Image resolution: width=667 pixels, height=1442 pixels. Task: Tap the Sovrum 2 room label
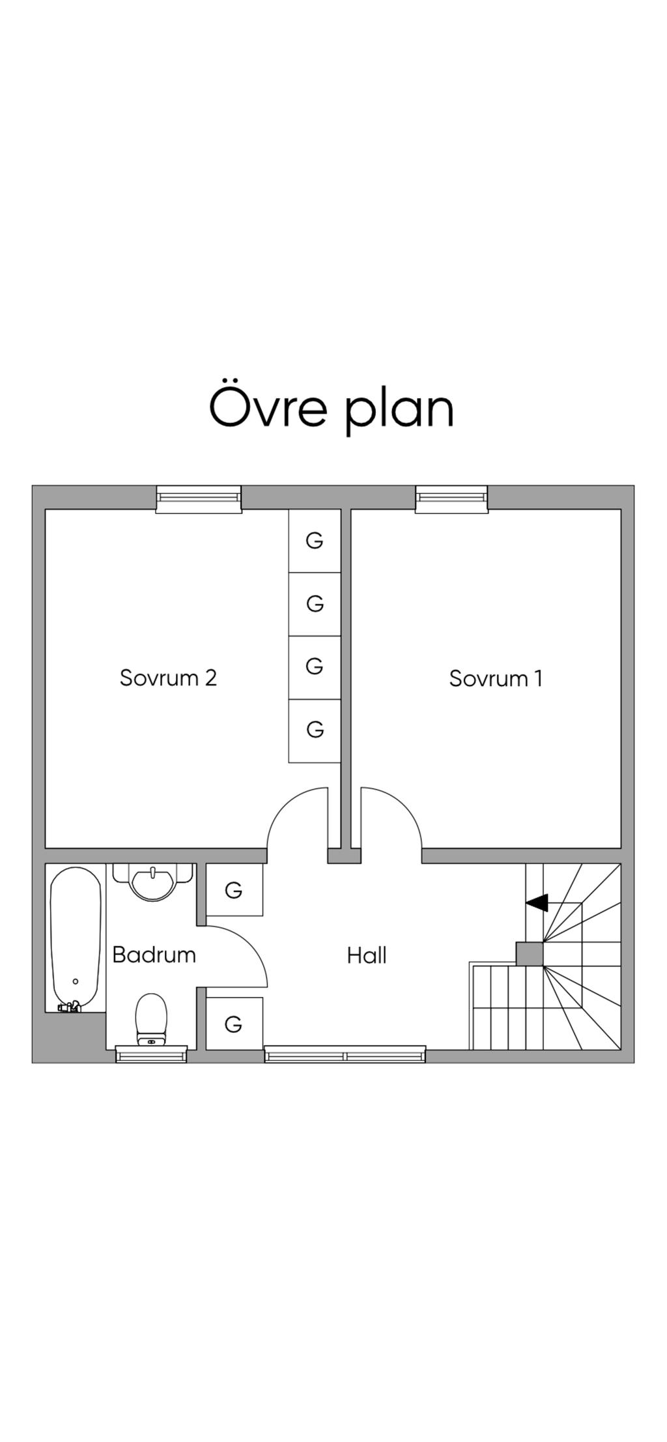pyautogui.click(x=168, y=678)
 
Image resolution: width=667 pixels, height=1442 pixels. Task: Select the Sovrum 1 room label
pyautogui.click(x=496, y=678)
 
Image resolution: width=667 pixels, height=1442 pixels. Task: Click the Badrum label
pyautogui.click(x=154, y=955)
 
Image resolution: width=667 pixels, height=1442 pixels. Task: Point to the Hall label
pyautogui.click(x=367, y=955)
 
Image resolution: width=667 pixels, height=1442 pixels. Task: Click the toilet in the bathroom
pyautogui.click(x=152, y=1018)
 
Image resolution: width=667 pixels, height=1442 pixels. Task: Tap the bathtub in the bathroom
pyautogui.click(x=76, y=938)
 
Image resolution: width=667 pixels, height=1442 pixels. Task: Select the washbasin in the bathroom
pyautogui.click(x=153, y=881)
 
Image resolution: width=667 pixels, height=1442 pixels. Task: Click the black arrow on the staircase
pyautogui.click(x=537, y=902)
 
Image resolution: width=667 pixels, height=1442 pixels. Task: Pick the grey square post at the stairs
pyautogui.click(x=530, y=954)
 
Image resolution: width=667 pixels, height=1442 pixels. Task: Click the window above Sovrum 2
pyautogui.click(x=199, y=498)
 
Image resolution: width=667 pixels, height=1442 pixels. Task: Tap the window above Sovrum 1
pyautogui.click(x=451, y=498)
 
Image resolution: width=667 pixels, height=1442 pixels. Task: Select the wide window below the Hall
pyautogui.click(x=345, y=1054)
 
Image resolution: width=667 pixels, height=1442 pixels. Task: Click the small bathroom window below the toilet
pyautogui.click(x=152, y=1054)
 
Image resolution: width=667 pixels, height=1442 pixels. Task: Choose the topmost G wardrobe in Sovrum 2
pyautogui.click(x=315, y=541)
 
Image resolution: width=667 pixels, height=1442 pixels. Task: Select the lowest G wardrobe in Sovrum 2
pyautogui.click(x=315, y=730)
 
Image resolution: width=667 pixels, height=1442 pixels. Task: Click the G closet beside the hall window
pyautogui.click(x=234, y=1024)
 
